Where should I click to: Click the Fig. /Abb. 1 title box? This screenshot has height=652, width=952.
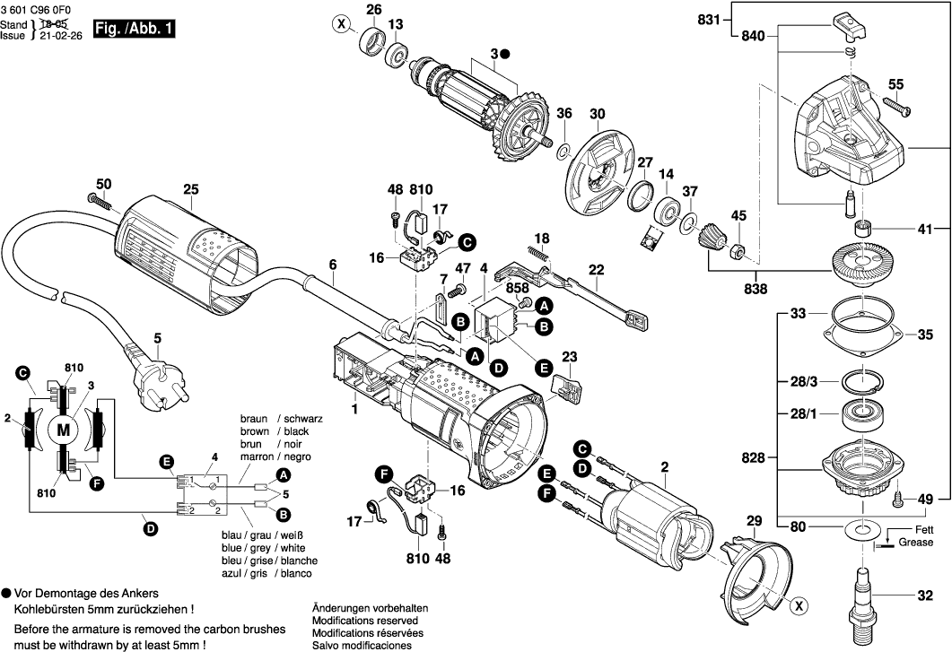pos(134,29)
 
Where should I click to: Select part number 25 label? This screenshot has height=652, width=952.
pos(190,189)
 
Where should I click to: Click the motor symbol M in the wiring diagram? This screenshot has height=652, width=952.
pos(63,430)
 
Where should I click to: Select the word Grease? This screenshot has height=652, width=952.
pos(916,543)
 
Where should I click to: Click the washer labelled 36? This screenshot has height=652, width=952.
pos(565,146)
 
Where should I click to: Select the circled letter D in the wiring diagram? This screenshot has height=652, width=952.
pos(150,529)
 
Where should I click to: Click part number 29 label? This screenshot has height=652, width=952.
pos(754,521)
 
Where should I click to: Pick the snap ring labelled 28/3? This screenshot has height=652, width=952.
pos(861,382)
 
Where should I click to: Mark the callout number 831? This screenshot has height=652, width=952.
pos(709,19)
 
